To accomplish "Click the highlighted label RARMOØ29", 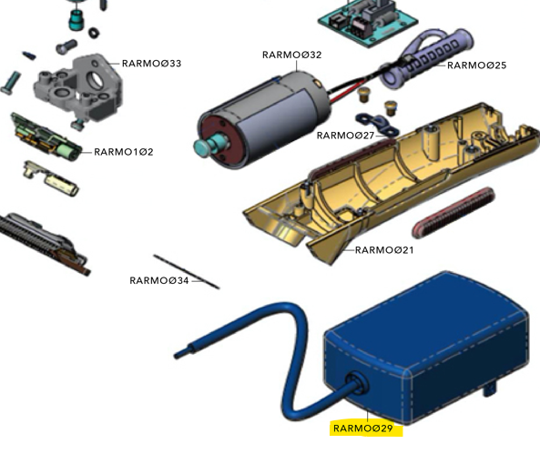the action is pos(363,429).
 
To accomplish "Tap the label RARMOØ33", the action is pos(151,64).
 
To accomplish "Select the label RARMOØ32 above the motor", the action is pos(291,55).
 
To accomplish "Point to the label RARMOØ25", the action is pos(476,66).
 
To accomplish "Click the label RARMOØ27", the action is pos(345,136).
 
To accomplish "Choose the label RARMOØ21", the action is pos(384,250).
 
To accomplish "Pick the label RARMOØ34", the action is pos(159,281).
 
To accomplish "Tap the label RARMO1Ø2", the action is pos(124,152).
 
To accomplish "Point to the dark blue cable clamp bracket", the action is pos(377,124).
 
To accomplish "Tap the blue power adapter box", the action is pos(426,348).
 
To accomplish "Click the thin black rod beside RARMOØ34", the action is pos(187,271).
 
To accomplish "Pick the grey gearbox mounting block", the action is pos(78,87).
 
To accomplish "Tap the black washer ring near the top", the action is pos(94,33).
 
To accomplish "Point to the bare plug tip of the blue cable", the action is pos(182,354).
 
